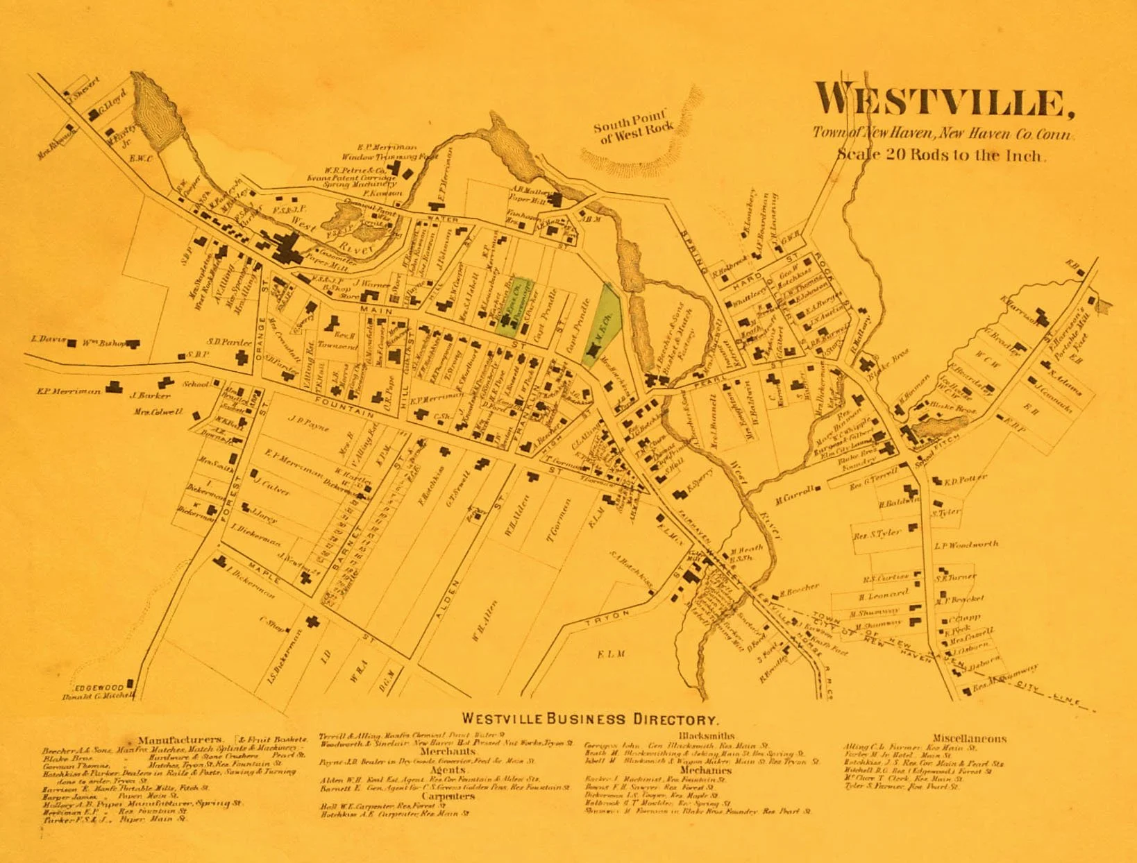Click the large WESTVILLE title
point(944,101)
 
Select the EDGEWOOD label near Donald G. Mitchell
point(99,687)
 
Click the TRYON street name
point(607,617)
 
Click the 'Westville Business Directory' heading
point(589,719)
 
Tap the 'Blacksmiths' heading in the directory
point(706,736)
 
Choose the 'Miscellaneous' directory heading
point(968,739)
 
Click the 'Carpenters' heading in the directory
point(447,796)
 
